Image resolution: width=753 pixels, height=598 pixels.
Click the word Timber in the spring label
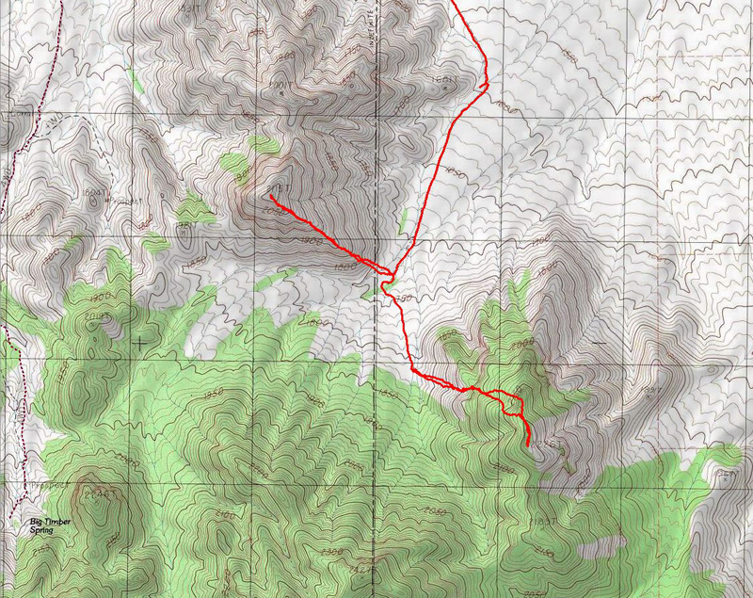[56, 521]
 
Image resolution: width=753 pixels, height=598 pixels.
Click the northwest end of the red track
[269, 198]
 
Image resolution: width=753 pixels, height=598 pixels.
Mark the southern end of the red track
[528, 444]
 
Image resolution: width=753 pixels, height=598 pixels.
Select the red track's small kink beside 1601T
[485, 86]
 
